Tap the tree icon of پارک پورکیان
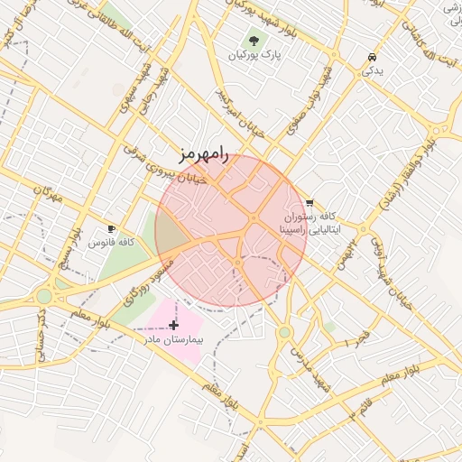pos(254,42)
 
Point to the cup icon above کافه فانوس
pos(112,229)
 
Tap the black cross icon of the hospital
pos(173,324)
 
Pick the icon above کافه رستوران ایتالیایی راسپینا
pos(310,204)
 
